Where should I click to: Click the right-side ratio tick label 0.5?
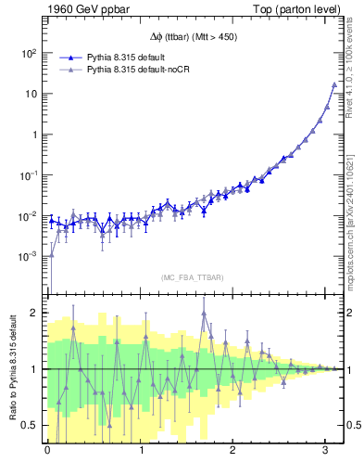pyautogui.click(x=352, y=425)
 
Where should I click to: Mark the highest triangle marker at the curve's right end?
pyautogui.click(x=333, y=84)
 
